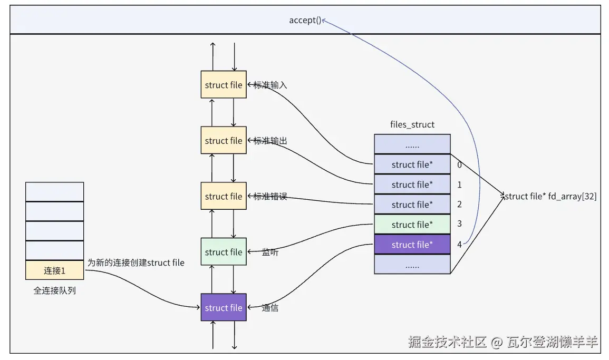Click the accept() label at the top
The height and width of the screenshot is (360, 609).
point(305,21)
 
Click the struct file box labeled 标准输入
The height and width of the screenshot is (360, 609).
point(224,85)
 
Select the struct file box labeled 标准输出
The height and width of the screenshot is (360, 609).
point(224,141)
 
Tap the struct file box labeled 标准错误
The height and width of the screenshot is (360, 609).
point(224,196)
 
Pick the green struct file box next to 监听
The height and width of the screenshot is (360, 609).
point(224,252)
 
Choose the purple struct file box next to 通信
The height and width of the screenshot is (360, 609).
point(224,308)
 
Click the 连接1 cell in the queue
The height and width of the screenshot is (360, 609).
point(54,270)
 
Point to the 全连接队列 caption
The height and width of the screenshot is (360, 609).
point(54,290)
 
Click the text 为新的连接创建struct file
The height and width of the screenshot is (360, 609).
point(136,262)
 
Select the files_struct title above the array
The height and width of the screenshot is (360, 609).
point(412,125)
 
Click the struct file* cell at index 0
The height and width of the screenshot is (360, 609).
point(412,164)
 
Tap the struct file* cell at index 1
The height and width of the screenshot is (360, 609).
point(412,184)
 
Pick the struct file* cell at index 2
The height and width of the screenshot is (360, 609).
point(412,205)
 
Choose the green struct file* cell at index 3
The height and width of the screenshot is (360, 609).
point(412,225)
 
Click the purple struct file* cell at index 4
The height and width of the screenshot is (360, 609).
point(412,245)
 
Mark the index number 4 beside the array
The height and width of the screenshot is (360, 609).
point(459,245)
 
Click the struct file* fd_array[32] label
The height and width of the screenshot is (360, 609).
point(550,197)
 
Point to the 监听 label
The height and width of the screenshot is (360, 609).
point(270,252)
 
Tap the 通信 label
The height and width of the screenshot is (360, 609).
point(270,308)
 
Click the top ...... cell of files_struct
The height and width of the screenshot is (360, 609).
point(412,144)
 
